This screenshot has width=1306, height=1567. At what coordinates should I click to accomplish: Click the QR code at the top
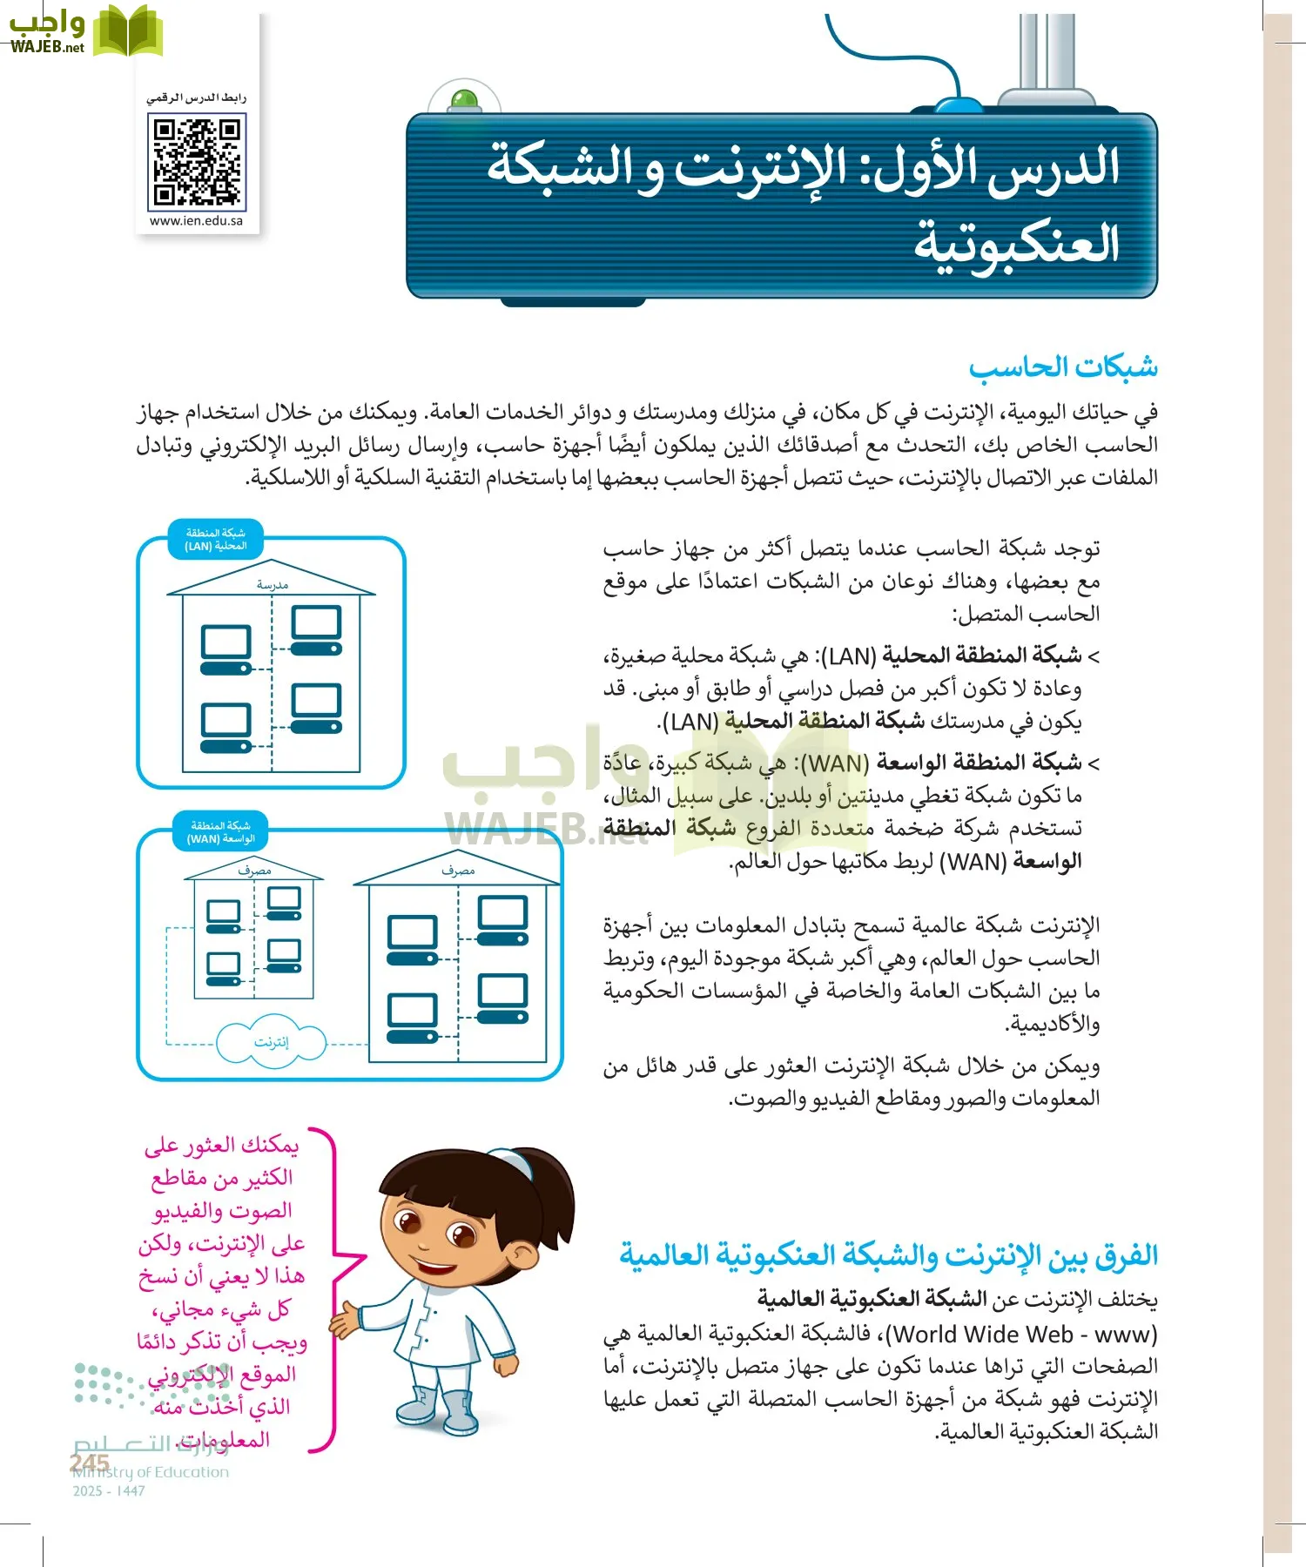tap(197, 162)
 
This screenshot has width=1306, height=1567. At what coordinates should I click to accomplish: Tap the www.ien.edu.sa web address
tap(196, 221)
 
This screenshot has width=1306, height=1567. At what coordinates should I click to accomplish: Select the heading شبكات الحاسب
tap(1063, 367)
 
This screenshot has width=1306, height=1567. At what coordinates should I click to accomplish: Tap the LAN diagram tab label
tap(216, 540)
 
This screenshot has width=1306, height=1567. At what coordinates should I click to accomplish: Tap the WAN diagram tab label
tap(220, 832)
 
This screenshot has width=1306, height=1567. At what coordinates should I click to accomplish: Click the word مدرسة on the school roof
tap(272, 585)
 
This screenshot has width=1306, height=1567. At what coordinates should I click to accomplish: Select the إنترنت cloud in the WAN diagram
tap(271, 1042)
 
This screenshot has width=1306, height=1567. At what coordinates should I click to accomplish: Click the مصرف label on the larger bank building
tap(458, 871)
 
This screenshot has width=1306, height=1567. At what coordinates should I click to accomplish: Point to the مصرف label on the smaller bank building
tap(254, 870)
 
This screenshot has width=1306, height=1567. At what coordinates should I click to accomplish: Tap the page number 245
tap(89, 1463)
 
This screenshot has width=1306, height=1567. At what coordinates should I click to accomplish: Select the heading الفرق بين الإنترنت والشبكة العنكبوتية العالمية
tap(888, 1255)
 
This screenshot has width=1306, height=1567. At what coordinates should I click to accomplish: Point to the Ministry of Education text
tap(151, 1472)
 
